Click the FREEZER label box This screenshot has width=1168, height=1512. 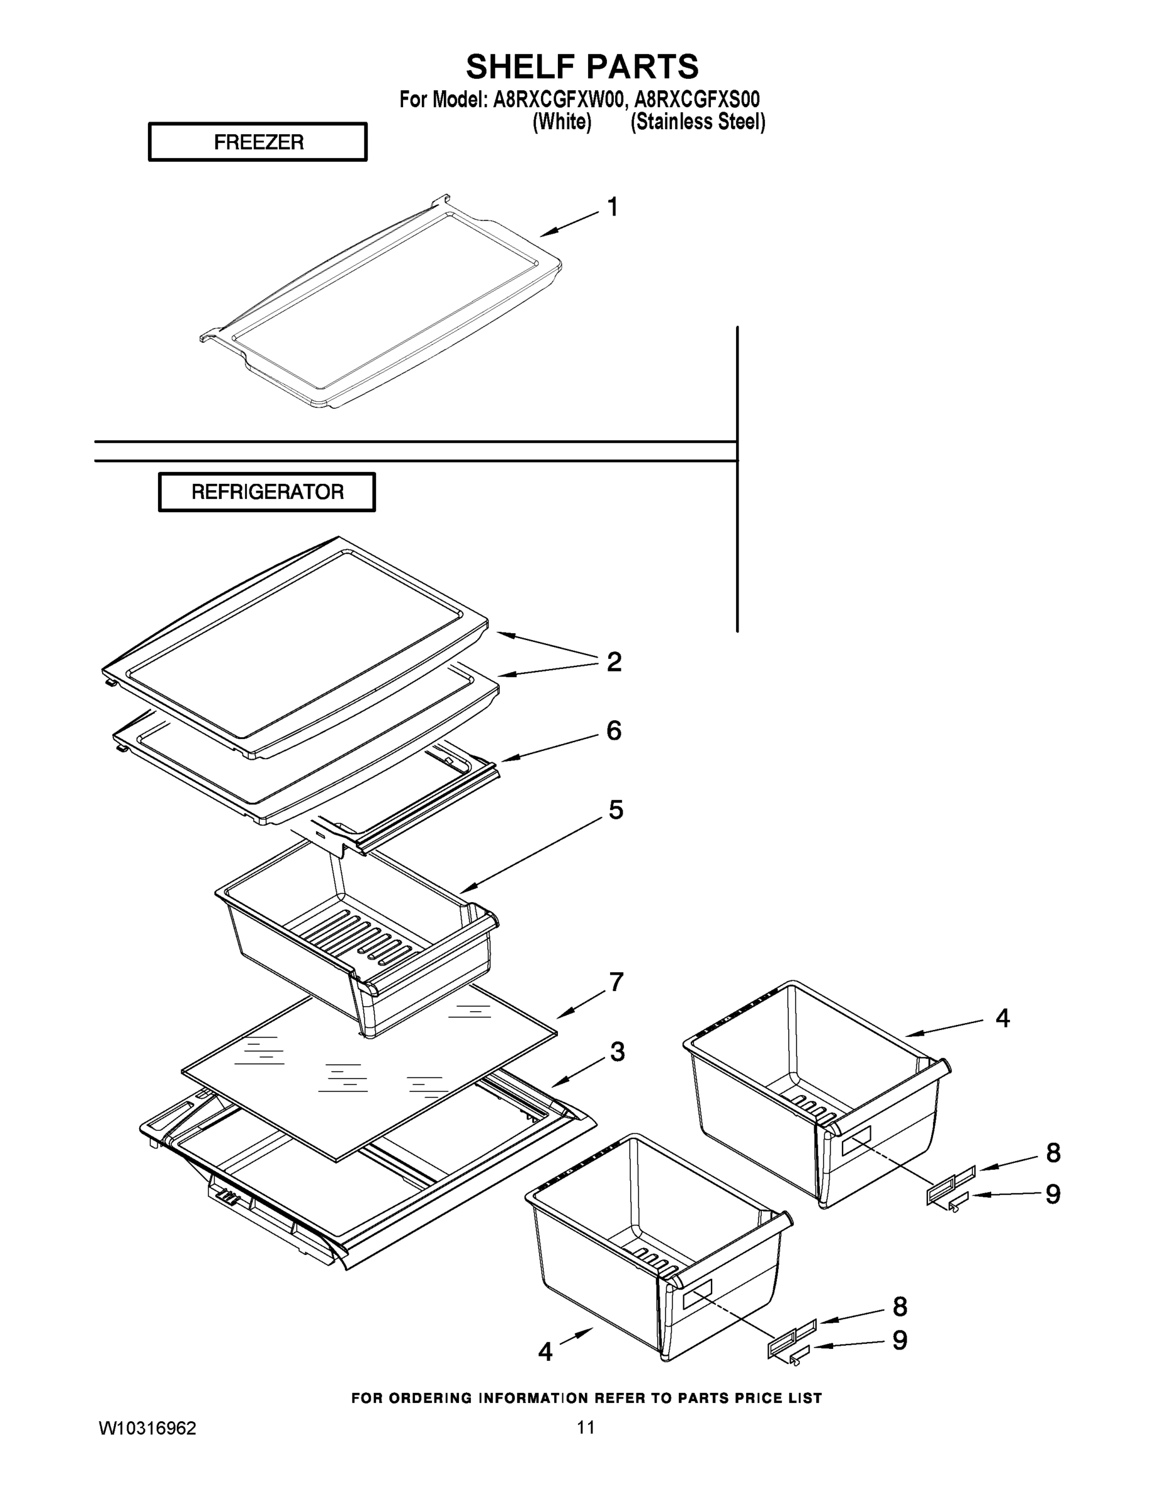click(258, 142)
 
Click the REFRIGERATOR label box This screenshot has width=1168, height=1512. click(266, 491)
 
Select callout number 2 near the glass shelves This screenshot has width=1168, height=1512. click(613, 662)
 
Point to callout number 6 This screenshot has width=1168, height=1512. click(613, 730)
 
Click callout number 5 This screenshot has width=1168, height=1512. click(615, 810)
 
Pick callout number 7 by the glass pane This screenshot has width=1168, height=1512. click(615, 982)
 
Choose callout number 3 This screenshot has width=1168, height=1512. click(617, 1051)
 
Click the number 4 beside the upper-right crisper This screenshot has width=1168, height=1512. click(1002, 1017)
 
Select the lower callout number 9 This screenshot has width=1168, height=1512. click(900, 1341)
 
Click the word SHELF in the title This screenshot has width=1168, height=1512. click(519, 67)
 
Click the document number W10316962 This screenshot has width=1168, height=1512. click(147, 1428)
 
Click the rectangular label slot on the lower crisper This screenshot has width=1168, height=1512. click(698, 1294)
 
